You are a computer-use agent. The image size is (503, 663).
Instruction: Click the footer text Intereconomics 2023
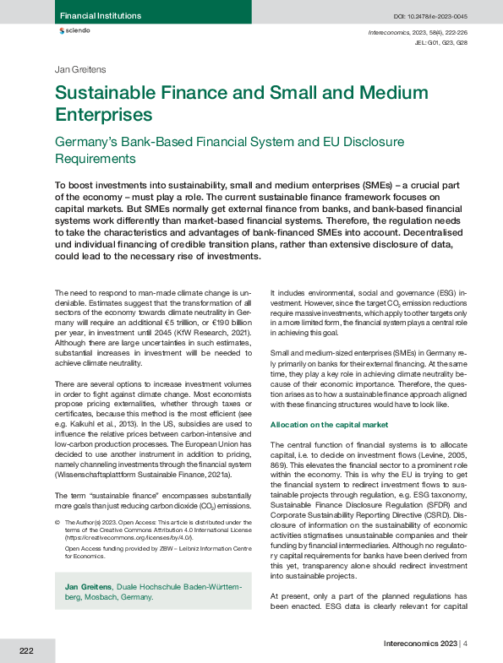[x=415, y=644]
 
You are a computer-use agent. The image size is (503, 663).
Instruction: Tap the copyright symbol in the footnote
[x=57, y=523]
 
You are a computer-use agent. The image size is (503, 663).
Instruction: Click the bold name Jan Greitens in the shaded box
[x=90, y=585]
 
